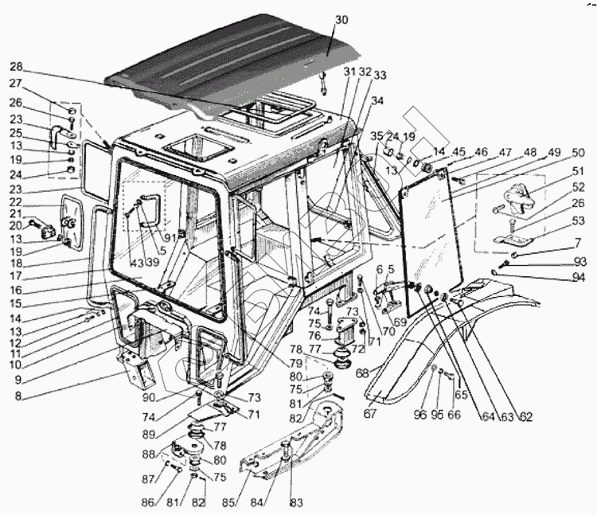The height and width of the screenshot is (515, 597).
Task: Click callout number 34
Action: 377,101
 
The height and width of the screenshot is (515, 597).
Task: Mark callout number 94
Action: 579,278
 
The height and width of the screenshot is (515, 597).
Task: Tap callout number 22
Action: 15,203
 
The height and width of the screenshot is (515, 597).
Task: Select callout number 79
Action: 295,364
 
